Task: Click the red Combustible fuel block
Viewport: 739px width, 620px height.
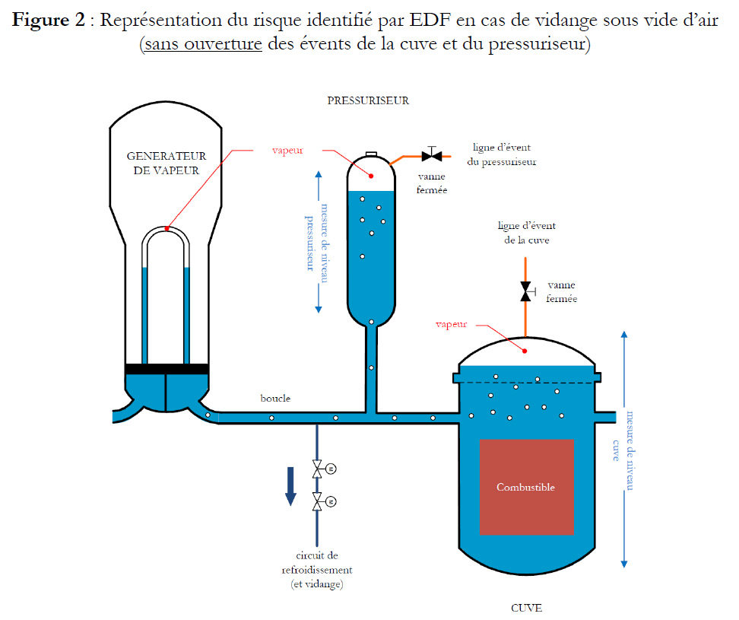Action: pos(526,487)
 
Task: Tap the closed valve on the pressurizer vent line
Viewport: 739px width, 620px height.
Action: pos(432,154)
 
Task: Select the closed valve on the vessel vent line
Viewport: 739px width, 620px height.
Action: pos(526,291)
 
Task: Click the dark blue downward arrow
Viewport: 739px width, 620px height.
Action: pos(290,486)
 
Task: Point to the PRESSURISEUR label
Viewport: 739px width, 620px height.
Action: pos(368,100)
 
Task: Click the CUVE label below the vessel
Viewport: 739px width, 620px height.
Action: pos(526,608)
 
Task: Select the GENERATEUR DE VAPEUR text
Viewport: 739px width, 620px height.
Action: pos(167,163)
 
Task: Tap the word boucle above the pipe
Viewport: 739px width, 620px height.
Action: pos(275,399)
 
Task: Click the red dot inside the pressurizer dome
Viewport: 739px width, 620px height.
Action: pos(371,176)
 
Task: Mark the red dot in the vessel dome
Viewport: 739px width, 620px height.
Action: pos(525,351)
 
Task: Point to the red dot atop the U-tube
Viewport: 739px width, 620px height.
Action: pos(167,229)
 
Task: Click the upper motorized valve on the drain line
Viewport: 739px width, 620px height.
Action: pos(323,469)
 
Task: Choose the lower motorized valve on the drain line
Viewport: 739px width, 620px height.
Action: pos(323,501)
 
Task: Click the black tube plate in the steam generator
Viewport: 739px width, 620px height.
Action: pos(167,369)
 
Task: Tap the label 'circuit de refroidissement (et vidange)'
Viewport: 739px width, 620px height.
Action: pos(317,570)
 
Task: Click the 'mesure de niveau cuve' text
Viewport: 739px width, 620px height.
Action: pos(623,450)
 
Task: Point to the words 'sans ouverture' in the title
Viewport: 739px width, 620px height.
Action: pos(203,44)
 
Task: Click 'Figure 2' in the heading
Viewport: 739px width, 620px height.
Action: pos(49,20)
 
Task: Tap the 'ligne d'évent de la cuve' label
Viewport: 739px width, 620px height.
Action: pos(527,233)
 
